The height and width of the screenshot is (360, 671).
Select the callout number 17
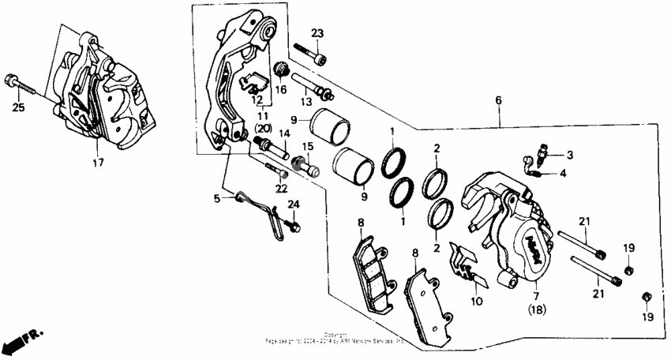click(x=97, y=164)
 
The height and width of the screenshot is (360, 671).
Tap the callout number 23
click(x=317, y=33)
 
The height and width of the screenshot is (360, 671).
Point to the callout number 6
click(x=498, y=100)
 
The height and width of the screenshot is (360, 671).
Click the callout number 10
click(x=476, y=301)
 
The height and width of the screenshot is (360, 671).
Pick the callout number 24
click(x=293, y=205)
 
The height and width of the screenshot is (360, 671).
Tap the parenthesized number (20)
click(x=263, y=129)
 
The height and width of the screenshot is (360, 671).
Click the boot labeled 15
click(x=303, y=166)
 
